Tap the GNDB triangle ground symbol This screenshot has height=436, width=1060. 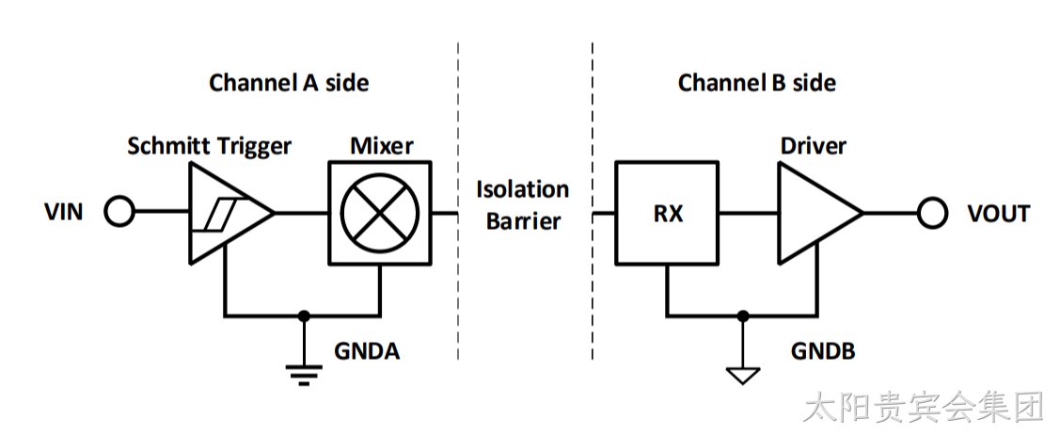[743, 376]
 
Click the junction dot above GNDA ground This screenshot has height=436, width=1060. [304, 315]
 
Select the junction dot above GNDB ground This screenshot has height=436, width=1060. [743, 315]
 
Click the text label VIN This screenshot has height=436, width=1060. [64, 213]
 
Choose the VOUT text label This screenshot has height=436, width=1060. [999, 214]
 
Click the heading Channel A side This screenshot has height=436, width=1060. [289, 83]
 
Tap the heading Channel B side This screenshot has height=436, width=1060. [757, 83]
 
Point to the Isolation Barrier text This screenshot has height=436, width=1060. [523, 205]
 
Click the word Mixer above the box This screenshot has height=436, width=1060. [381, 145]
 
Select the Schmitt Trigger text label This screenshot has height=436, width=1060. [210, 146]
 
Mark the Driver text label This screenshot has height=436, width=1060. [813, 145]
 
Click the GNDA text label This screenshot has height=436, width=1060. [367, 351]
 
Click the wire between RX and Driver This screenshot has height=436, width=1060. [748, 213]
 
